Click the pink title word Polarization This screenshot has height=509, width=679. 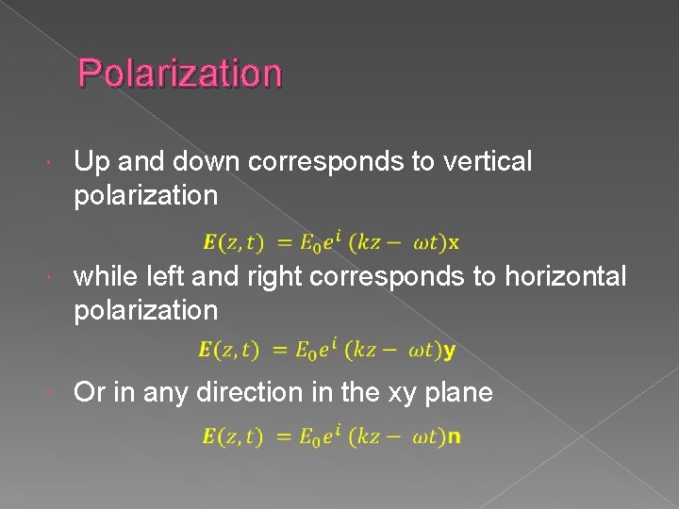click(179, 74)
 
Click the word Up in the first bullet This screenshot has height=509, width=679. click(91, 162)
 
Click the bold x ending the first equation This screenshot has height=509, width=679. click(454, 243)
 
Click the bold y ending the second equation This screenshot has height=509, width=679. click(450, 352)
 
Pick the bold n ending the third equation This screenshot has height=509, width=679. click(454, 437)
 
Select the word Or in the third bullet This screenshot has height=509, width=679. click(89, 392)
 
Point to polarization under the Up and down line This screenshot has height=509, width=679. click(145, 196)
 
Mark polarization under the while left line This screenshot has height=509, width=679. click(145, 310)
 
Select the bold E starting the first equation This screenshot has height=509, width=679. click(209, 243)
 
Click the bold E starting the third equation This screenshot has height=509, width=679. click(209, 437)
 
